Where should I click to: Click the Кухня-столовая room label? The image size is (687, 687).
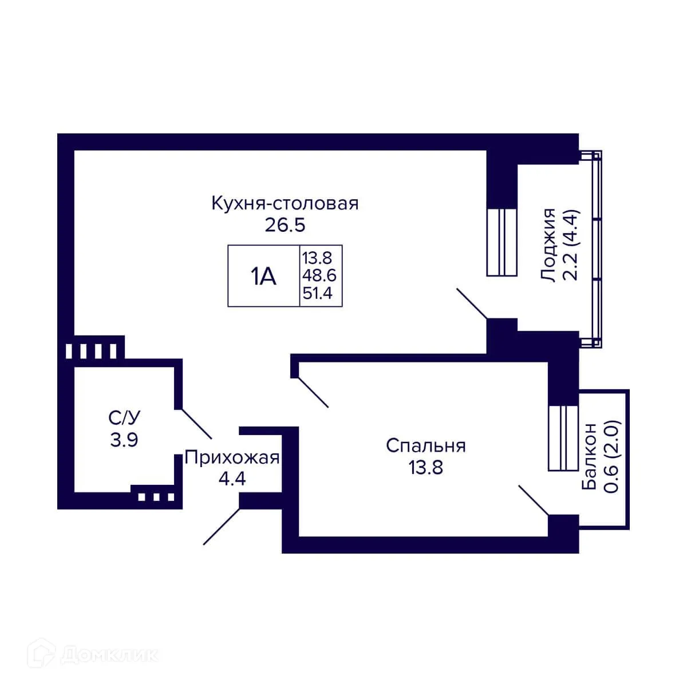point(285,204)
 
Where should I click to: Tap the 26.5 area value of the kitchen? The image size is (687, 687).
point(285,225)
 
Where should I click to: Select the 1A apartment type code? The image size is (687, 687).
point(263,277)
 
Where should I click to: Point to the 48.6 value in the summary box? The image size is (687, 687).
point(319,276)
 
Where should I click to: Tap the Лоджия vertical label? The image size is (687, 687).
point(549,245)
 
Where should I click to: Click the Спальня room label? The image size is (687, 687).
point(425,445)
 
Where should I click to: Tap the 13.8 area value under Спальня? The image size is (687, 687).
point(425,468)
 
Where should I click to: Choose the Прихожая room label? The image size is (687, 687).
point(232,458)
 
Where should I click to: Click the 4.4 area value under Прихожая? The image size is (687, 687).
point(232,479)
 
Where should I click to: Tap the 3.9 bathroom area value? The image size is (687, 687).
point(124,440)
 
